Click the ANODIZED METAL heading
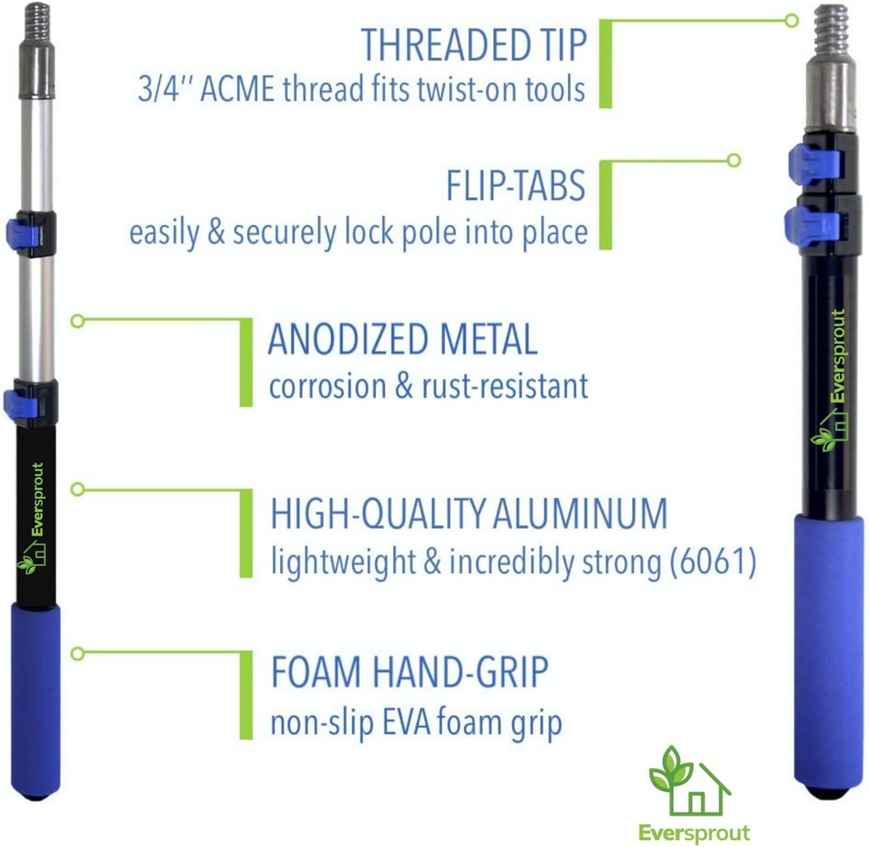[x=402, y=340]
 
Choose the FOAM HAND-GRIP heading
[x=409, y=673]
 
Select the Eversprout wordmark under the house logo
[x=695, y=832]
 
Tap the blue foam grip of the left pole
[x=36, y=698]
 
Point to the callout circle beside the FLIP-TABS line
[x=734, y=160]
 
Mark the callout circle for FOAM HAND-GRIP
[x=77, y=653]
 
